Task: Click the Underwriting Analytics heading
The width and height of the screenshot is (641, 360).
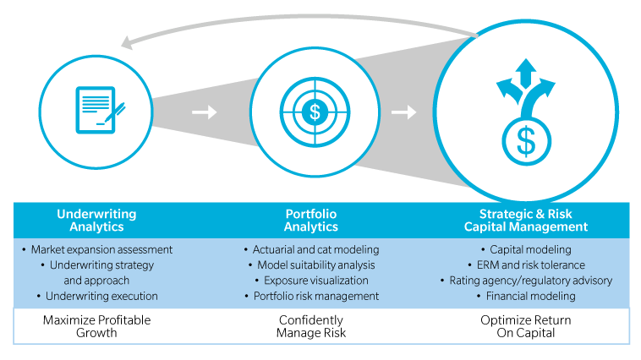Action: click(96, 221)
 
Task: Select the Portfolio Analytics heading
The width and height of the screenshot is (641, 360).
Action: click(311, 221)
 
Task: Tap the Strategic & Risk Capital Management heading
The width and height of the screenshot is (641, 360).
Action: click(526, 221)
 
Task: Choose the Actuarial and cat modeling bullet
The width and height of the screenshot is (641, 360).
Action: click(311, 250)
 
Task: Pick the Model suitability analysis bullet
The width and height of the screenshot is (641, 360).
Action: click(311, 265)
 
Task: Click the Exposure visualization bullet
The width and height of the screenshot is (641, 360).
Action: click(311, 281)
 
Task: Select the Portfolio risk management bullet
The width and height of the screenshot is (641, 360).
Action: click(311, 296)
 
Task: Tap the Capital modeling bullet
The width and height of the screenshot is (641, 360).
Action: click(526, 250)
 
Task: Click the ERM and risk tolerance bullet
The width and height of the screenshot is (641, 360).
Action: click(526, 265)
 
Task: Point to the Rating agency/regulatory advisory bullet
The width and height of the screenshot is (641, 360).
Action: click(526, 281)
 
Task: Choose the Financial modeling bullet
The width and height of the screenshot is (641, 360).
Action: click(526, 296)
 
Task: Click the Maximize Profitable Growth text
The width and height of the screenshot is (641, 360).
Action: click(96, 327)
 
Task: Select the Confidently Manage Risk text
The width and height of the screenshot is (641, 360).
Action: click(311, 327)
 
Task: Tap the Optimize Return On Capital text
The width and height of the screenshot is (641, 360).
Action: click(526, 327)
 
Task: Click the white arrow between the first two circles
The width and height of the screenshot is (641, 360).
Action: click(205, 112)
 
